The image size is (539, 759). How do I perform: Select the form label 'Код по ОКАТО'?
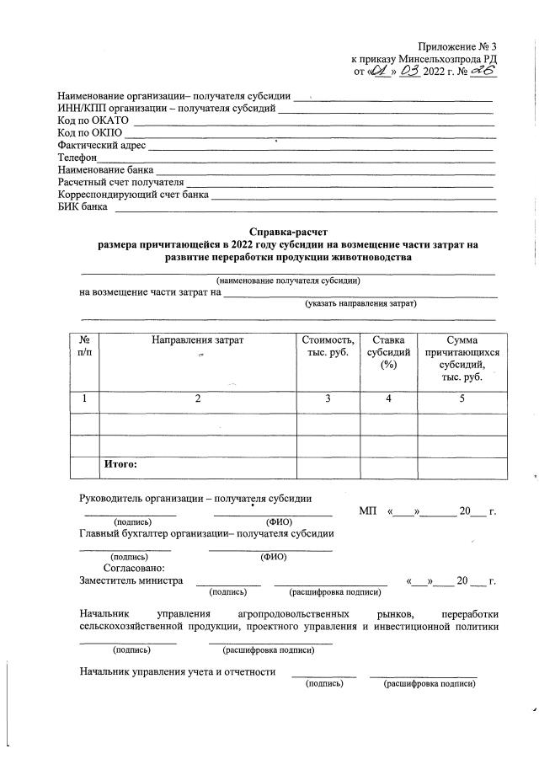(93, 122)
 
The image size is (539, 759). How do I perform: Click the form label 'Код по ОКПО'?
(90, 134)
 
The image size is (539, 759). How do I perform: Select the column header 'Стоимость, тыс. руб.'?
(328, 346)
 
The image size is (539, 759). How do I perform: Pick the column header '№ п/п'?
(84, 346)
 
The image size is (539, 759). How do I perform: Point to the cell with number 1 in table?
(84, 399)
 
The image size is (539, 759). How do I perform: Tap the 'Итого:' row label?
(120, 463)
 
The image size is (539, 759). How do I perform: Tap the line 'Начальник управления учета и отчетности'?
(178, 671)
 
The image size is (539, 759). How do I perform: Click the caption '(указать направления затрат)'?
(361, 303)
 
